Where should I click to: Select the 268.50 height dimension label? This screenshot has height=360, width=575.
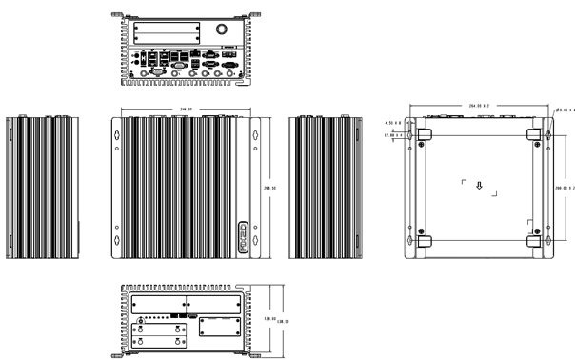coord(269,189)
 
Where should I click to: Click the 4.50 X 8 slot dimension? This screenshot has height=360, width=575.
coord(392,123)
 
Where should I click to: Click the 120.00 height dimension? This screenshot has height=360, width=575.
coord(269,319)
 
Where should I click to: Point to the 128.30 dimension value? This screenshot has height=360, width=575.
coord(282,322)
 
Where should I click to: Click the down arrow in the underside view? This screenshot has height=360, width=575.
coord(480,187)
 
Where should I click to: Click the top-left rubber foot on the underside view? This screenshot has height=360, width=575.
coord(426,133)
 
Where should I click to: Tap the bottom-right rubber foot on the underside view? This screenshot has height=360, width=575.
coord(535,241)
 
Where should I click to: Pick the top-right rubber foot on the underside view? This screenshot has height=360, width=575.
coord(535,133)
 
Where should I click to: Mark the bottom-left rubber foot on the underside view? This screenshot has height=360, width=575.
coord(426,241)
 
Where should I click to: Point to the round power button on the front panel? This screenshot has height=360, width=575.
coord(141,320)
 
